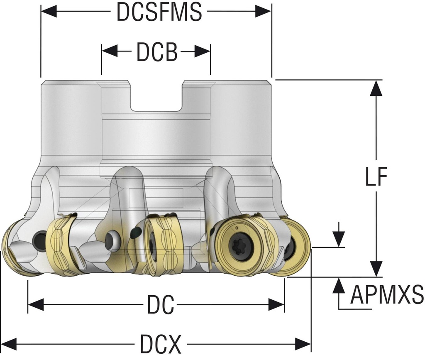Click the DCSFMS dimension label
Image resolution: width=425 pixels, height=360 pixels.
[x=159, y=12]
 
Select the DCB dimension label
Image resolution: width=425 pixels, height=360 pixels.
[x=156, y=52]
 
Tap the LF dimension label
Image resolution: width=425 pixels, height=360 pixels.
[x=376, y=178]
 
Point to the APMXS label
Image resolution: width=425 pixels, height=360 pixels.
[x=386, y=295]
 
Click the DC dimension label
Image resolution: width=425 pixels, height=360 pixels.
[x=160, y=306]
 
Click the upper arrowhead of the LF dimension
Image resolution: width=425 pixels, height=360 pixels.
[x=376, y=88]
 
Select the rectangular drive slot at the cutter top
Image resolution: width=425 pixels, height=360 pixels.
[x=156, y=96]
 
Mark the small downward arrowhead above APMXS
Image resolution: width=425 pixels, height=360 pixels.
[x=339, y=239]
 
